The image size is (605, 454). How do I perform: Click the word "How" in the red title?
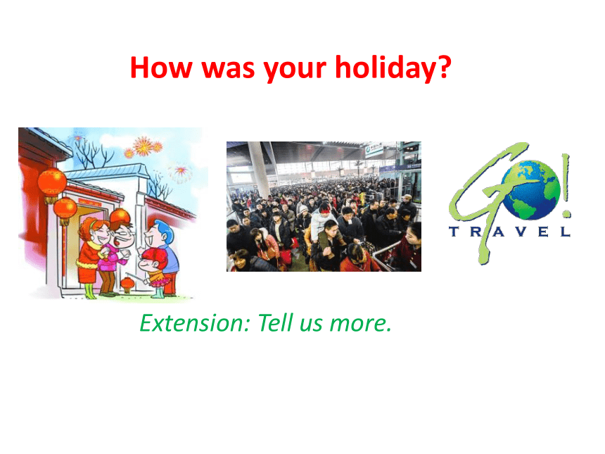click(x=161, y=67)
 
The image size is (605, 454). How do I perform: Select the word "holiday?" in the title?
click(x=393, y=68)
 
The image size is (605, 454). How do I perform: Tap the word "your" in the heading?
click(x=295, y=71)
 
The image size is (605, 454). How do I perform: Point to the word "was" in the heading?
click(x=228, y=70)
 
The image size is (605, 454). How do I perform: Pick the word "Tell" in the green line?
click(x=276, y=323)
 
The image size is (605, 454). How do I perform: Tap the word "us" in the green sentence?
click(x=311, y=325)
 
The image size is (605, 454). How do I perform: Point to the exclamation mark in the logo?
click(x=566, y=185)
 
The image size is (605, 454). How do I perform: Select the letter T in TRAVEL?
click(x=454, y=232)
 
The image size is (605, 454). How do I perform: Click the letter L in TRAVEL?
click(x=566, y=232)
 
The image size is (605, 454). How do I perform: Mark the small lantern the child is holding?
click(x=128, y=285)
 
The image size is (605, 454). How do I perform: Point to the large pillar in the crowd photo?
click(x=259, y=170)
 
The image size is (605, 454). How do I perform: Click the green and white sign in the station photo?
click(x=373, y=148)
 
